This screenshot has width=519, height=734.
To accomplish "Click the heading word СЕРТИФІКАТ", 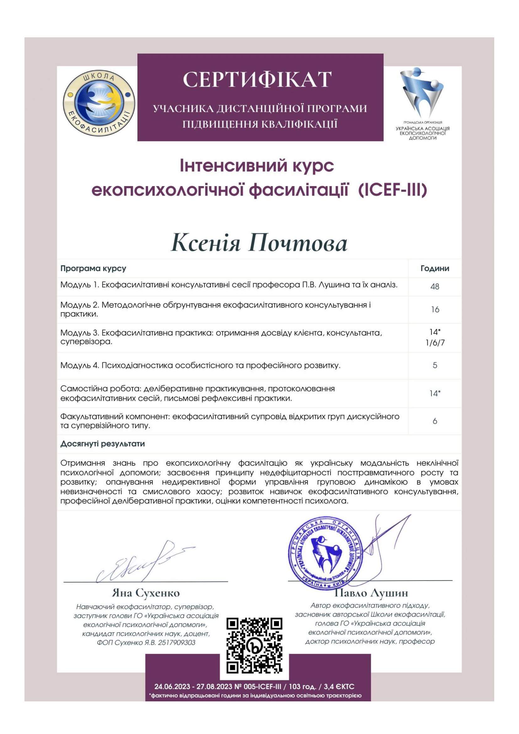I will click(257, 79).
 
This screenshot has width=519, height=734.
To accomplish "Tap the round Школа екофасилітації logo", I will click(99, 104).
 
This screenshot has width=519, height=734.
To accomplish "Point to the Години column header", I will click(435, 269).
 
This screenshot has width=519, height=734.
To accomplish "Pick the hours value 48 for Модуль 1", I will click(435, 287).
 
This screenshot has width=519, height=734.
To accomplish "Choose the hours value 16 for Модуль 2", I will click(435, 309).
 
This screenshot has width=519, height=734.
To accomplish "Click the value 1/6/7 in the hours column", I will click(435, 343).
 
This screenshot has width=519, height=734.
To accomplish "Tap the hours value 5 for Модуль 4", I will click(435, 365).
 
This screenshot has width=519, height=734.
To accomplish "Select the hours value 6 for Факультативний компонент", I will click(435, 421).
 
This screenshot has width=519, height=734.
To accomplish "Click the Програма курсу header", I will click(93, 269).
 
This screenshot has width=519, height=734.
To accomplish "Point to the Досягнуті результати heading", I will click(103, 444).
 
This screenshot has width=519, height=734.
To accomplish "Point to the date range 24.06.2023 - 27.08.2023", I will click(194, 687).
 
